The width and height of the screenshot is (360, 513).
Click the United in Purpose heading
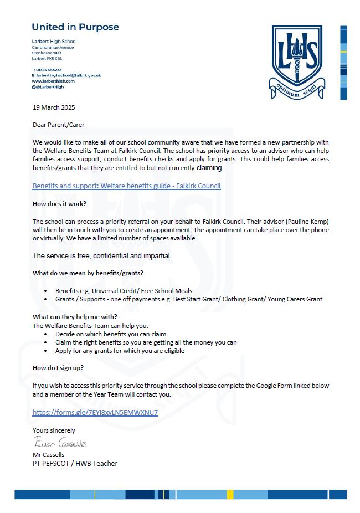point(75,27)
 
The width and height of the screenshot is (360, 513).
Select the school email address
point(66,75)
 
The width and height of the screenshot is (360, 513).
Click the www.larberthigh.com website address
point(53,81)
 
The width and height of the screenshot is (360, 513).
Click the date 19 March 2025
point(54,107)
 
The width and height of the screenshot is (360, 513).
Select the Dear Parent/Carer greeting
point(59,124)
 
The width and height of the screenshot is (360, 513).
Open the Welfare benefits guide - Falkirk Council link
point(126,186)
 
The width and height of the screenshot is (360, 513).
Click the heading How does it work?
point(59,203)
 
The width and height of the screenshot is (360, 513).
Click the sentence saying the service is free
point(102,255)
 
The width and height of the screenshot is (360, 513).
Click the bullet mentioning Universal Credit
point(124,290)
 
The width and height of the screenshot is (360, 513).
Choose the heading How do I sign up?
point(58,368)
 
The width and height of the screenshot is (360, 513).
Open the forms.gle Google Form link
point(95,412)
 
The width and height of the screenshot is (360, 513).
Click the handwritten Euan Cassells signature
point(60,443)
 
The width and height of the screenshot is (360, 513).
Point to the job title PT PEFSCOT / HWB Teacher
point(75,463)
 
